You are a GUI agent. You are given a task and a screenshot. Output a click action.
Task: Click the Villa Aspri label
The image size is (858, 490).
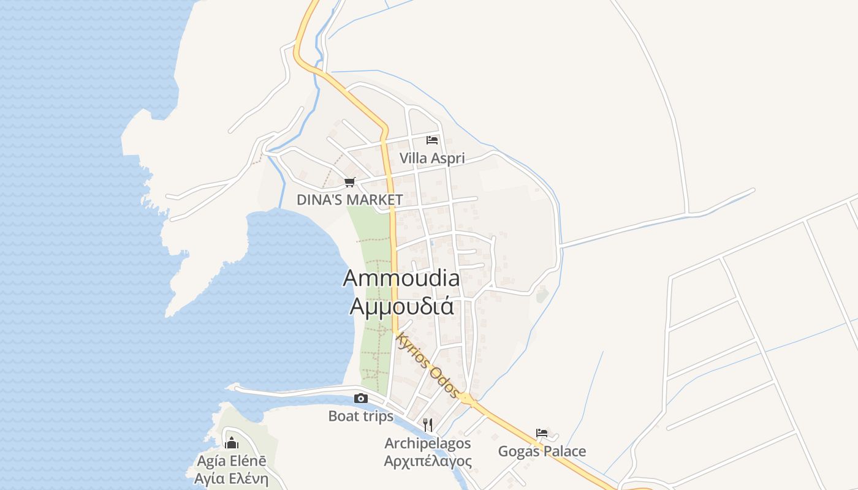432,158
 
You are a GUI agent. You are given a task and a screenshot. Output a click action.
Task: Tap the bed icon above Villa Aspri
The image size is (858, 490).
432,140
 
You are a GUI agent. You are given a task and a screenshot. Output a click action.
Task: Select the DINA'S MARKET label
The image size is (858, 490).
349,200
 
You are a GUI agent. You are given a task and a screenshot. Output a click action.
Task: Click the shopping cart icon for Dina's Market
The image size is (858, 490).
350,182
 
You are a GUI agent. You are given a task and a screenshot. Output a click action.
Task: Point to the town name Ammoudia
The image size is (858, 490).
401,278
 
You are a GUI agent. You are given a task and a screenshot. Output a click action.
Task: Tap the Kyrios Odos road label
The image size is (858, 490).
427,364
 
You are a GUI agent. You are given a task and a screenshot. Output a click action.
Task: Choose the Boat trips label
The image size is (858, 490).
361,417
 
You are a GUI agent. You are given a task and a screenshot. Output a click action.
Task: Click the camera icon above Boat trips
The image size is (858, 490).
361,399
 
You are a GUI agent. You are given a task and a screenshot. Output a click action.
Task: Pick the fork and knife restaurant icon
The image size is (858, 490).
428,424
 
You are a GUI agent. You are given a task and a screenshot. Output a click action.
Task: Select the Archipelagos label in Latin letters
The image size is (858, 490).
428,443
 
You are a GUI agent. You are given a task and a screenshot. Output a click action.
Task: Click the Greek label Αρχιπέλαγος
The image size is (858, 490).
428,461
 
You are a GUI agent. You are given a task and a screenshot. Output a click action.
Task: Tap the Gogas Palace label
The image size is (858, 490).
542,451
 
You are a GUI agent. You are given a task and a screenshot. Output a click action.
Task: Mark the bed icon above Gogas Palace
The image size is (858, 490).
542,433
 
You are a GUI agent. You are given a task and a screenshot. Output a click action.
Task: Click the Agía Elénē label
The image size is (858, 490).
232,461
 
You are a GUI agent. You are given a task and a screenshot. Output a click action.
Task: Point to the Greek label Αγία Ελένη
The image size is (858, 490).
232,478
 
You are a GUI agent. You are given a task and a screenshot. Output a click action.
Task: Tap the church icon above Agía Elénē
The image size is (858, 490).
232,442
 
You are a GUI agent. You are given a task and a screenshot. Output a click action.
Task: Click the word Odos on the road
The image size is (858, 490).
444,381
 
